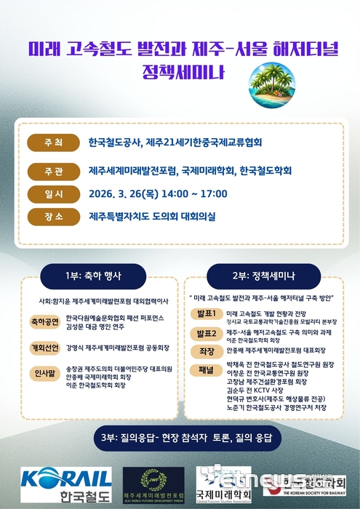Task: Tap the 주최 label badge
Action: (53, 142)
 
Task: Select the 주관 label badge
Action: (53, 170)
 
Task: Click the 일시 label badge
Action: (53, 193)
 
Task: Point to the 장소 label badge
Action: (53, 217)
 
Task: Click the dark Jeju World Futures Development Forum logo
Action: (154, 484)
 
